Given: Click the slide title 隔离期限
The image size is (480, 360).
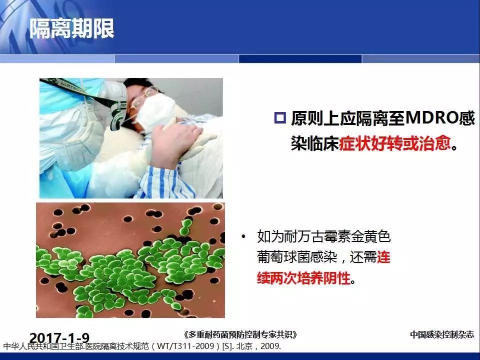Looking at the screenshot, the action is point(72,28).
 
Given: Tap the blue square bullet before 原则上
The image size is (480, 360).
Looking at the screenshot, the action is point(280,118).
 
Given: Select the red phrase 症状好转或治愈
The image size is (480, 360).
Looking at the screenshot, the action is point(395,143).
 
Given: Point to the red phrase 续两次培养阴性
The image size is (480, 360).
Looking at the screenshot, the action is point(303,278).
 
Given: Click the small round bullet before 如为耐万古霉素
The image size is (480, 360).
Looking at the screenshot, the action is point(243,236).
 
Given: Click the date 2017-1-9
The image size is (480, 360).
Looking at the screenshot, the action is point(59,337).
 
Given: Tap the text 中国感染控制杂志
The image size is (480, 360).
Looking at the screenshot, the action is point(441,334).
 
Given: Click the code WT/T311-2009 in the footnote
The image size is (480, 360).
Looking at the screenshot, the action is point(185,346).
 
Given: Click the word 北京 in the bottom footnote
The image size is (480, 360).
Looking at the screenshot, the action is point(244,346).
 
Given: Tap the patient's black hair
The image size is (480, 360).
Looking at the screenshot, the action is point(141,85).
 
